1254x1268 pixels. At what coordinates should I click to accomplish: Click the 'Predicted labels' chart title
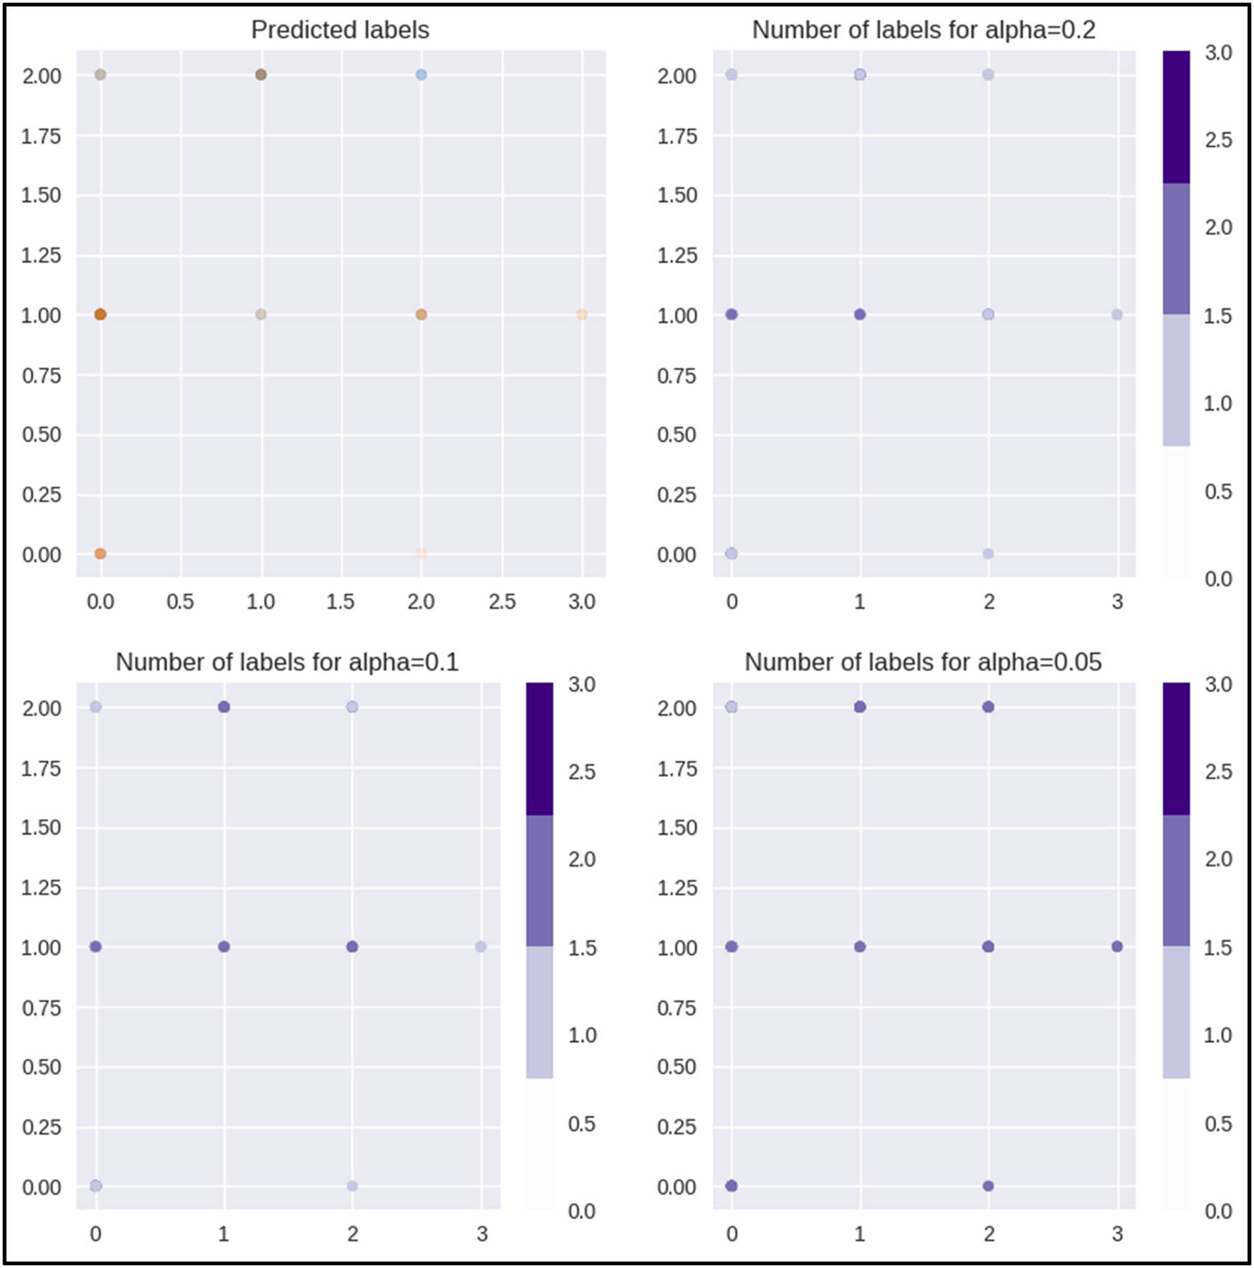340,30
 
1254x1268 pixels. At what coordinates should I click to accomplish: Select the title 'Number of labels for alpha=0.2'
923,30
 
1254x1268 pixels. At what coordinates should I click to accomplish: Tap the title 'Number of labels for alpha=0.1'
287,662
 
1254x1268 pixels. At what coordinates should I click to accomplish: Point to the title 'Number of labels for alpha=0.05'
922,662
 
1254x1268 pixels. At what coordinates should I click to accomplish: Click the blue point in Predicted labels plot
421,75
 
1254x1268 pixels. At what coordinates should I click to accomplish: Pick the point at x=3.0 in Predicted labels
582,315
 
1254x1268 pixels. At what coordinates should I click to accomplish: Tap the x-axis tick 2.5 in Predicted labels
502,601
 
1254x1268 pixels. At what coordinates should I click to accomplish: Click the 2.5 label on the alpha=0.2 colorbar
1218,140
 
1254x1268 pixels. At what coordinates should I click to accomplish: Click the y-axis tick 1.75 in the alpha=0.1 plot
41,768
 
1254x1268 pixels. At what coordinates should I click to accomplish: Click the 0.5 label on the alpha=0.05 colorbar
1218,1123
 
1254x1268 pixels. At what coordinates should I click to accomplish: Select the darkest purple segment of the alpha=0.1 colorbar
540,749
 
